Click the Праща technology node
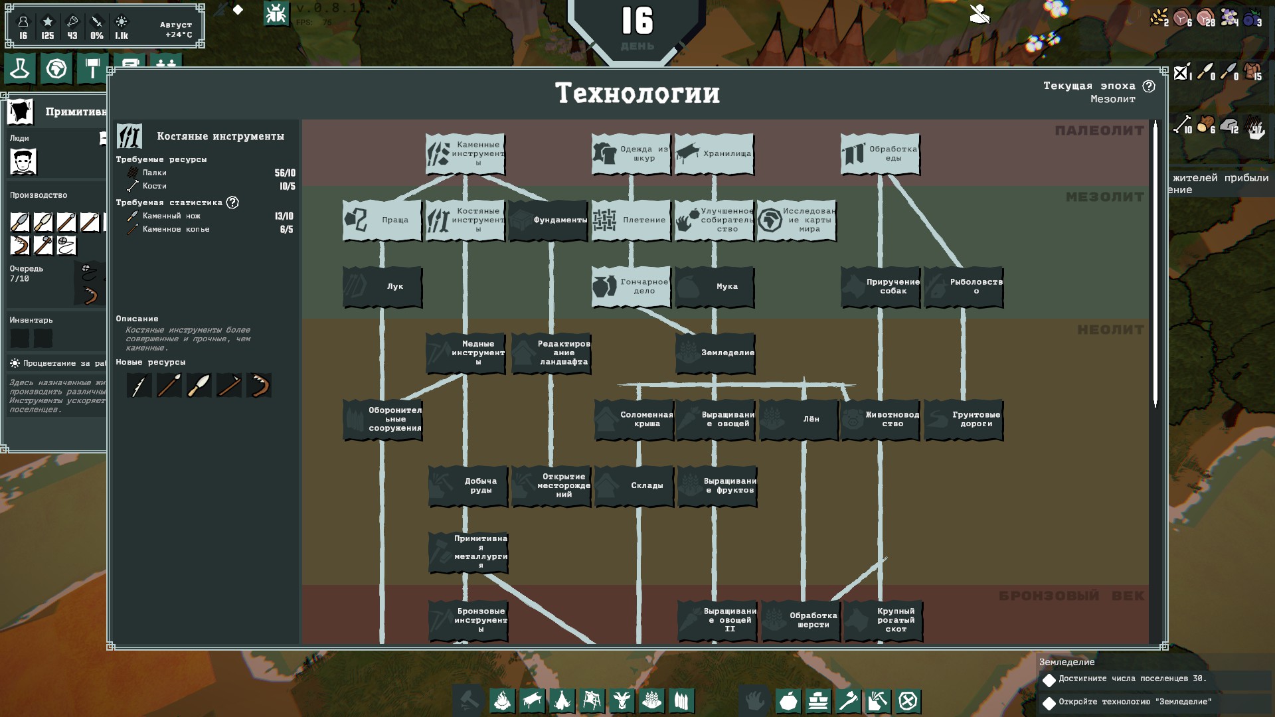click(382, 220)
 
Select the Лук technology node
click(382, 287)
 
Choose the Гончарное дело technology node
click(631, 287)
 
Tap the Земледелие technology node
click(715, 353)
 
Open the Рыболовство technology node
click(963, 287)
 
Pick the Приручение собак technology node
click(880, 287)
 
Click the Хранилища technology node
click(714, 154)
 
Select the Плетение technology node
click(631, 220)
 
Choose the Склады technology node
click(634, 486)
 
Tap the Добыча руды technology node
click(468, 486)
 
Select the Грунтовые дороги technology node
click(963, 420)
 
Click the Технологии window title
click(637, 94)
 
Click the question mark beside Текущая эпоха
click(1149, 86)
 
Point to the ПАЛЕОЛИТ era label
click(1099, 131)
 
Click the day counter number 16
click(637, 21)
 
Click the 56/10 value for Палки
click(285, 173)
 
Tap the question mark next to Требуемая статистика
click(232, 202)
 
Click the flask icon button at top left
click(20, 68)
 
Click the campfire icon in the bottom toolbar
click(503, 700)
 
